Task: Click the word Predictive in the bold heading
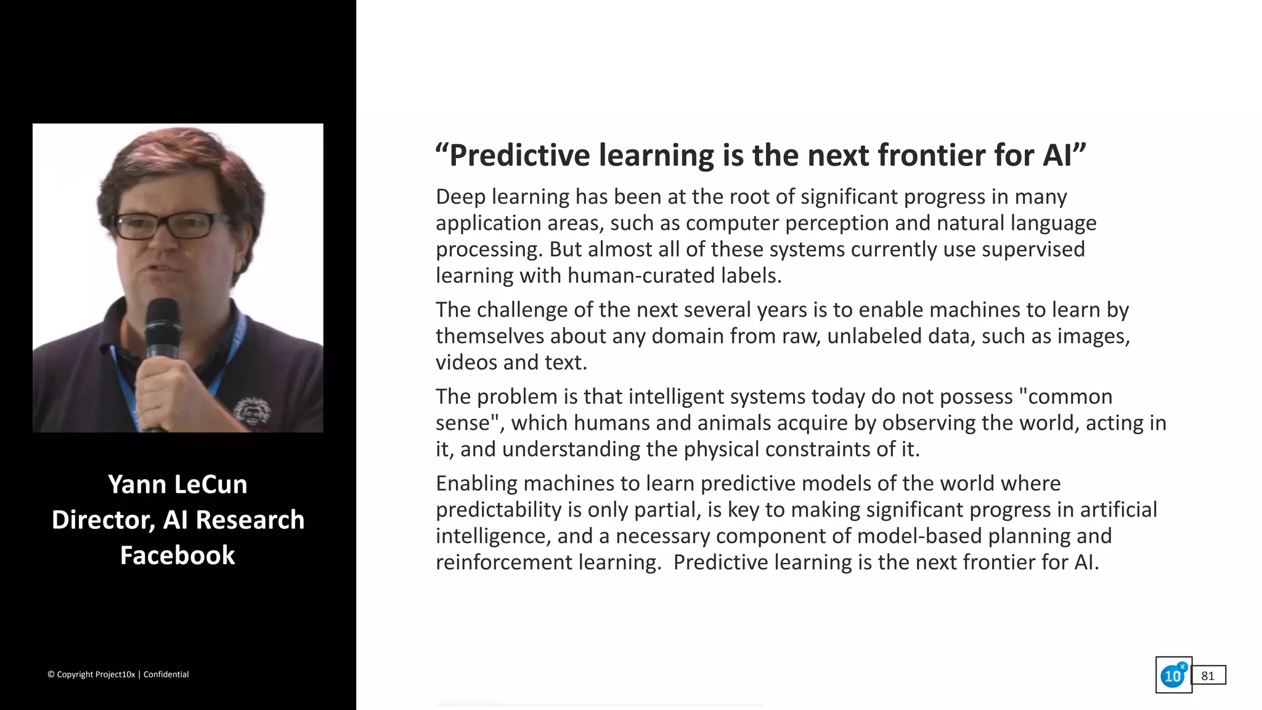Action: click(519, 155)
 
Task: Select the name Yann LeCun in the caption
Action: click(177, 485)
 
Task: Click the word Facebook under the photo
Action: click(177, 555)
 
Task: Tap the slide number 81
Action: click(1208, 676)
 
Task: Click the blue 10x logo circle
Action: click(1172, 676)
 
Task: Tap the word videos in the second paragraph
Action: click(466, 363)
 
